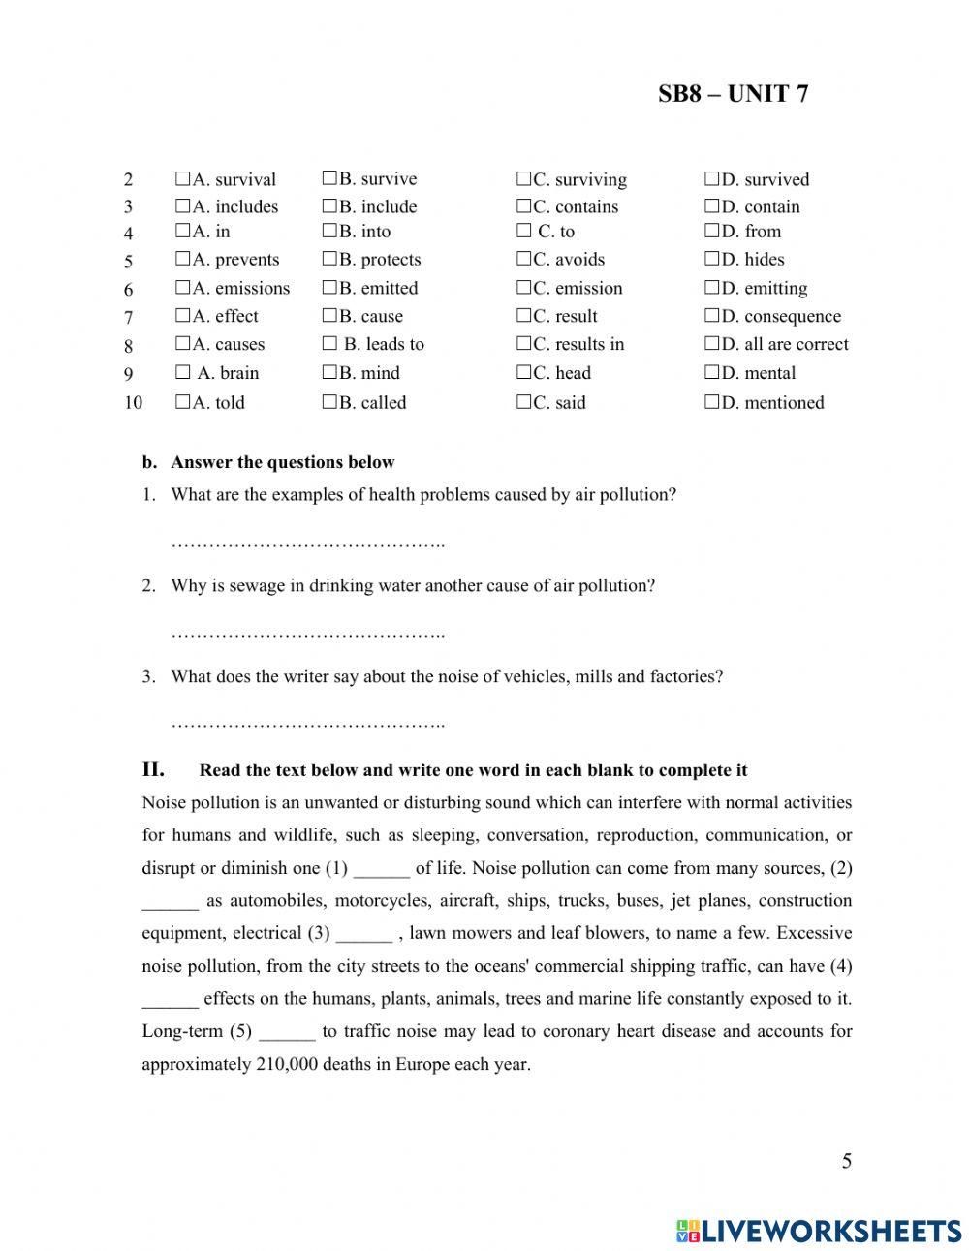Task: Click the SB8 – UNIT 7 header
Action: (x=733, y=94)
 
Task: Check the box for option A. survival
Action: (x=182, y=179)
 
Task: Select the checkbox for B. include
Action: (x=328, y=206)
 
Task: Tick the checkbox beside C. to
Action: (x=523, y=232)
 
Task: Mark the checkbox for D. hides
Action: (x=711, y=260)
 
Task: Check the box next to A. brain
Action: (x=182, y=373)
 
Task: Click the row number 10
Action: (x=133, y=403)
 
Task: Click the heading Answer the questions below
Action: (x=282, y=463)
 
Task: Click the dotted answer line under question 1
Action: (x=307, y=544)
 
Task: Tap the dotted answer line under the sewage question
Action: (x=307, y=634)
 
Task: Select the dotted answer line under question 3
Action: (x=307, y=724)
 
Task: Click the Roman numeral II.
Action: (x=153, y=770)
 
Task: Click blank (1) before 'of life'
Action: (x=381, y=869)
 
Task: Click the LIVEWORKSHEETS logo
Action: (x=819, y=1231)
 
